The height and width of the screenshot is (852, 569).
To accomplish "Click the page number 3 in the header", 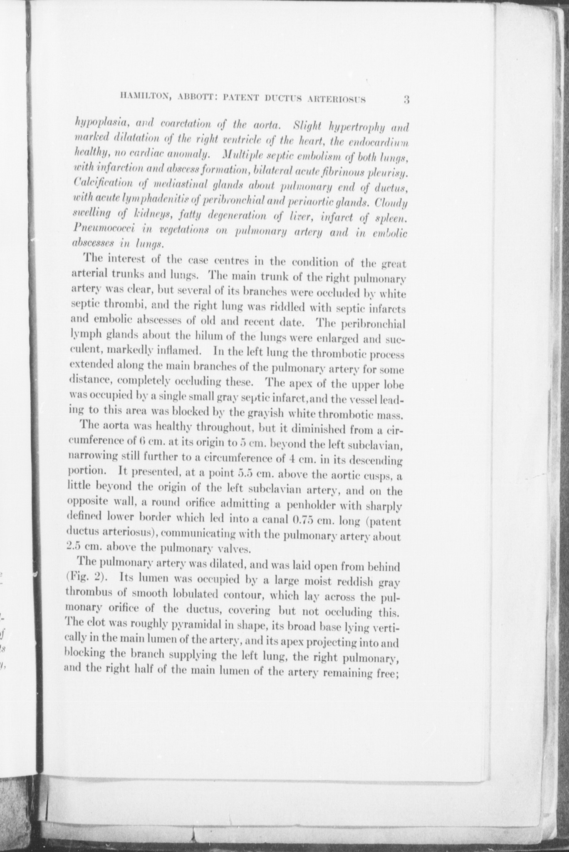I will (407, 100).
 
